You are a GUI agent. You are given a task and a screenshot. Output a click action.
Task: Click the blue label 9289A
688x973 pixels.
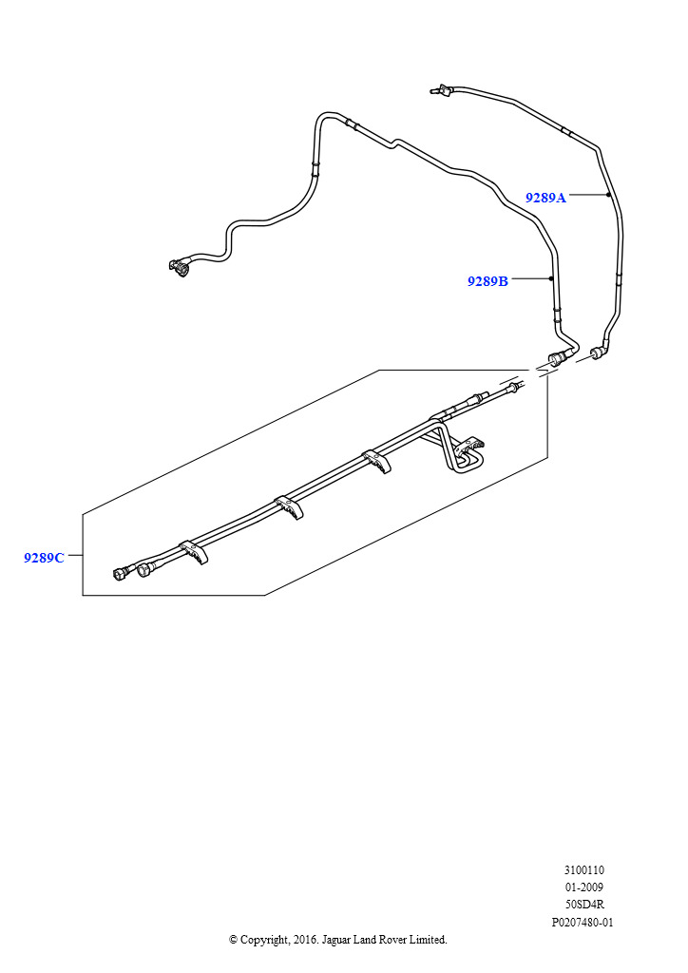point(545,198)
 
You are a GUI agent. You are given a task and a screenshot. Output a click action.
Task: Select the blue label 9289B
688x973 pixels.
point(487,281)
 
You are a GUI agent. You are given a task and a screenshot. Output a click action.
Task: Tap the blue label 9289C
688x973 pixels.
point(44,558)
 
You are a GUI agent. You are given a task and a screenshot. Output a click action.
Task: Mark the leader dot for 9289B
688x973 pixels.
point(551,278)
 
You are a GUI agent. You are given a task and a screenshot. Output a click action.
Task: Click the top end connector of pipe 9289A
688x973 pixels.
point(439,90)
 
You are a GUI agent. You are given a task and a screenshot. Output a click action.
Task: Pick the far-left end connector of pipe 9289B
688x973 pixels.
point(180,268)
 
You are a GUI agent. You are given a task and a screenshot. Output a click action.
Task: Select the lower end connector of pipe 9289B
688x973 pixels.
point(556,359)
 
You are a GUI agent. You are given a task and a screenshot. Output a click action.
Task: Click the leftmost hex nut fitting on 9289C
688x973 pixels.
point(121,574)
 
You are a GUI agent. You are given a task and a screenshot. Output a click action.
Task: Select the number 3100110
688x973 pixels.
point(583,869)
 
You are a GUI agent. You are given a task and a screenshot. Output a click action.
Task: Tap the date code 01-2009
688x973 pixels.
point(583,887)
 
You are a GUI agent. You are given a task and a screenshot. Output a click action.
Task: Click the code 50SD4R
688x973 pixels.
point(583,905)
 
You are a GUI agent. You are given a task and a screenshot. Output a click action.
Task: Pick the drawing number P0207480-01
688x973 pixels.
point(583,923)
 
